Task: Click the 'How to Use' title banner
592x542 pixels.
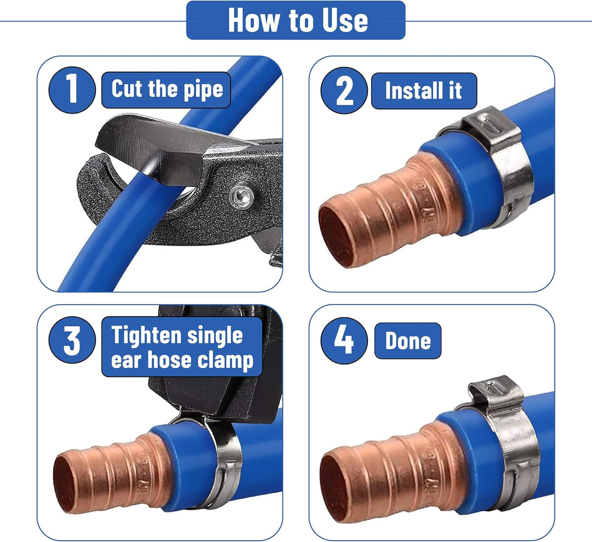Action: point(296,20)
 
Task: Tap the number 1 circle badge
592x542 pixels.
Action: point(72,90)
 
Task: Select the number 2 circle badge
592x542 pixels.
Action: point(344,90)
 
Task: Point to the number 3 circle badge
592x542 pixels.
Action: point(72,340)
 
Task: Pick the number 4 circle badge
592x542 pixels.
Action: point(344,340)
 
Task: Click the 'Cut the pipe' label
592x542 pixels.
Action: point(166,90)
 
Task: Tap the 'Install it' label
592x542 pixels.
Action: point(424,91)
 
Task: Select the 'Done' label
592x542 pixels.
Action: point(408,341)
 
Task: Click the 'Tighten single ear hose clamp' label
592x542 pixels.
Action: point(182,347)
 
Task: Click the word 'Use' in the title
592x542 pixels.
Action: point(345,20)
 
